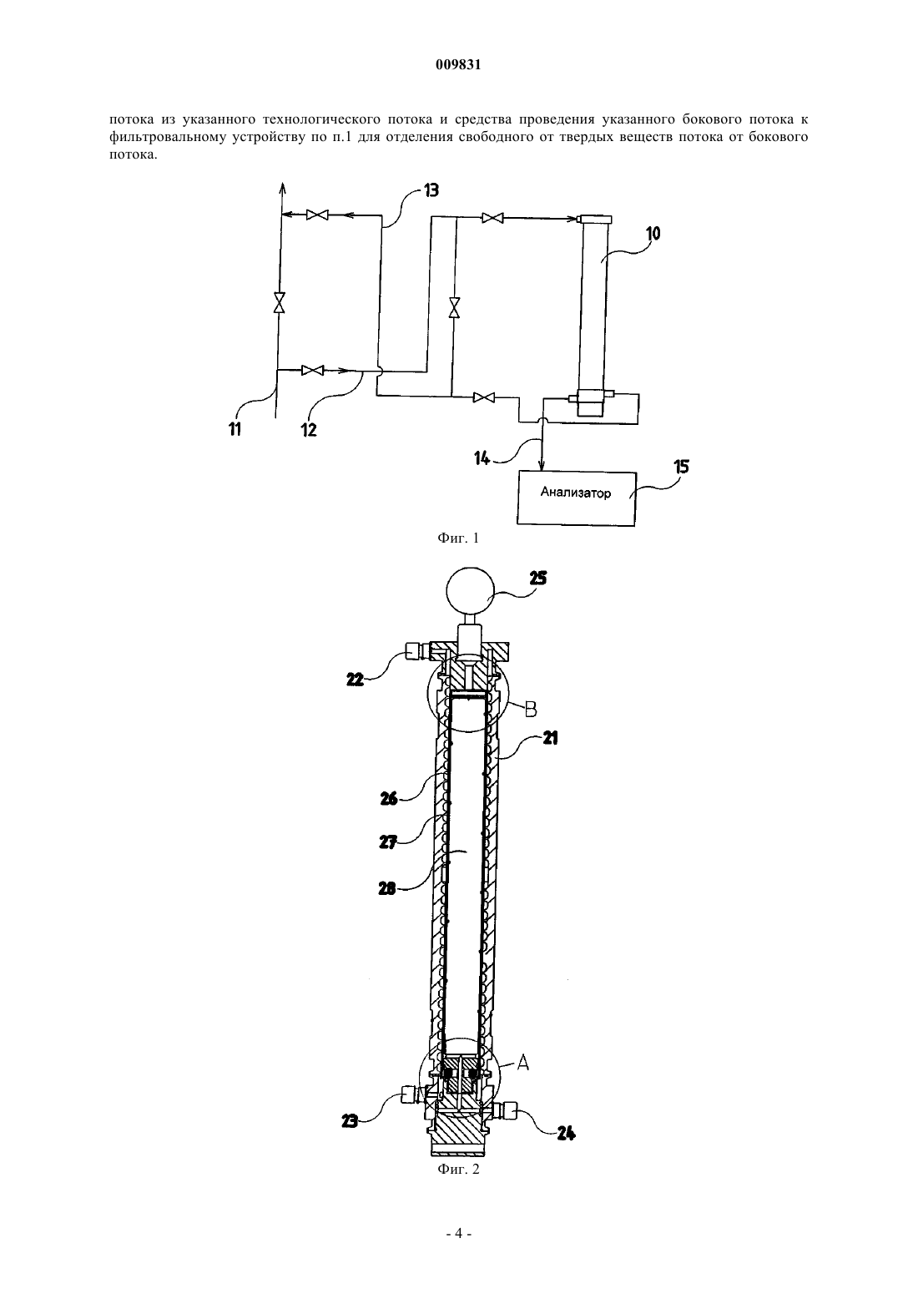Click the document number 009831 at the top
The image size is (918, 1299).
458,65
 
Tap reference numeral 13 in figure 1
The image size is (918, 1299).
431,190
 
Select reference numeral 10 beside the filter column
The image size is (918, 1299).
653,234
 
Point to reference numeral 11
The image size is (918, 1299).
235,429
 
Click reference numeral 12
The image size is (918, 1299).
309,430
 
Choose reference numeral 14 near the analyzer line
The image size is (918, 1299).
482,458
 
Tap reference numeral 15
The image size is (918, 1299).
682,466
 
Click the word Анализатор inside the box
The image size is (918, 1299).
576,493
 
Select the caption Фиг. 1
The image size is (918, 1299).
458,538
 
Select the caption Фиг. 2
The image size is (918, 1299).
458,1169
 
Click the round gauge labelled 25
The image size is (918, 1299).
470,589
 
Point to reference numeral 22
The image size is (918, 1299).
355,679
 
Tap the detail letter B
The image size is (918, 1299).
530,710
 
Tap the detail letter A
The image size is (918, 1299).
522,1063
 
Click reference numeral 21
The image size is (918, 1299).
550,738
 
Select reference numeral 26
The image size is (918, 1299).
389,799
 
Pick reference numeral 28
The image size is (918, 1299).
387,888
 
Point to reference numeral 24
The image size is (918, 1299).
566,1133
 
